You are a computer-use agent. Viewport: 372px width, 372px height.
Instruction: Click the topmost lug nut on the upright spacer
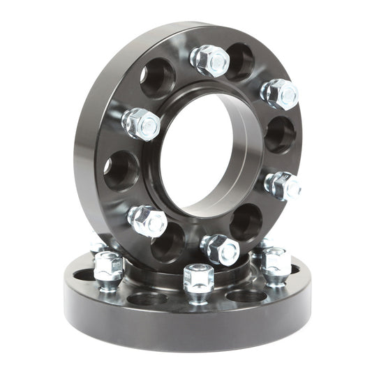(210, 60)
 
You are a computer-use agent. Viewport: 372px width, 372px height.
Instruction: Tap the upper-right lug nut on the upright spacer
(280, 94)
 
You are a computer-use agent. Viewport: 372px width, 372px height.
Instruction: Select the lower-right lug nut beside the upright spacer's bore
(283, 186)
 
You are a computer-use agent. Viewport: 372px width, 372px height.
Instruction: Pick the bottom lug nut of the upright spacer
(220, 248)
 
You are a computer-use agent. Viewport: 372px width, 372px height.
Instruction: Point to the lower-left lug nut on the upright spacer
(147, 221)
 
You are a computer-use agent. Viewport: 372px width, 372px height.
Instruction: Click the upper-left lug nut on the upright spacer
(141, 124)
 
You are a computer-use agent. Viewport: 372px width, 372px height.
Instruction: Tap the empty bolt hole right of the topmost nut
(240, 61)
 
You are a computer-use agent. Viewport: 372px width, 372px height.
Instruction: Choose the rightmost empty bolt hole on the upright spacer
(280, 133)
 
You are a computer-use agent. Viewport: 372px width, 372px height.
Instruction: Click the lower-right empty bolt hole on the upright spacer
(246, 222)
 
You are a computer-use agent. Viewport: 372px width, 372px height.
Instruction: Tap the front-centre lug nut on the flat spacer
(199, 278)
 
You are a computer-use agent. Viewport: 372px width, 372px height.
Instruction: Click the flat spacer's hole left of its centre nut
(147, 299)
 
